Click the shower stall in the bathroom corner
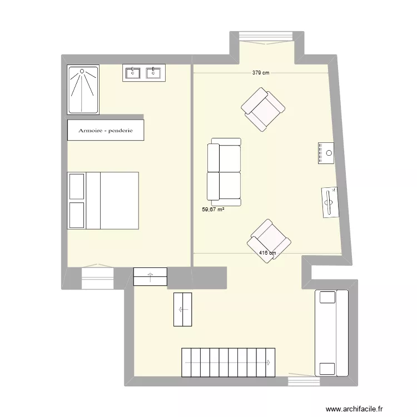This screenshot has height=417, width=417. point(83,88)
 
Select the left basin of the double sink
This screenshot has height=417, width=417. point(132,73)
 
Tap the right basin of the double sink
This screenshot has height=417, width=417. point(152,73)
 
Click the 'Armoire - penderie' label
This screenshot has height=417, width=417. point(105,130)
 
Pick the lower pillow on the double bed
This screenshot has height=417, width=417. point(76,215)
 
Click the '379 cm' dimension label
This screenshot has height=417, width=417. point(260,73)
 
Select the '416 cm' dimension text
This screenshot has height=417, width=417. point(267,253)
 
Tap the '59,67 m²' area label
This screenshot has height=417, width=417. point(213,210)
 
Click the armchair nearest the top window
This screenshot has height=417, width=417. point(264,110)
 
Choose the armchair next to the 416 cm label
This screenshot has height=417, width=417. point(269,239)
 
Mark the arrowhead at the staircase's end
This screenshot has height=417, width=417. point(270,363)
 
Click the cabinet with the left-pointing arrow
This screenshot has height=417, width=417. point(150,276)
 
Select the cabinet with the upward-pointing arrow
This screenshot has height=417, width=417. point(182,309)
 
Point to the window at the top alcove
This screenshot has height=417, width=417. point(266,37)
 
